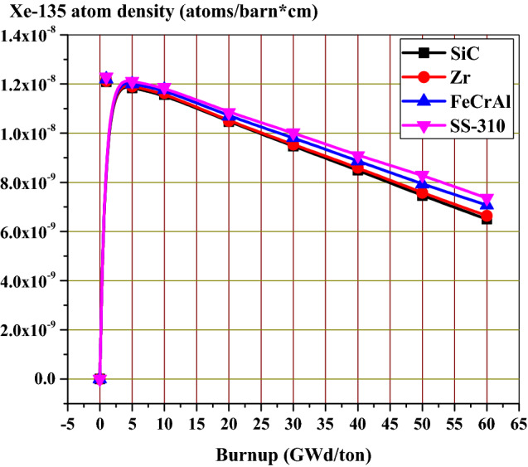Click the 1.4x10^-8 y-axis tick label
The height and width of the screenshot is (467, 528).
coord(35,35)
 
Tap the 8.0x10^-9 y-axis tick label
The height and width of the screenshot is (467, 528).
coord(35,182)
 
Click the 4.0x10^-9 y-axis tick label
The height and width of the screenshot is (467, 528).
coord(35,281)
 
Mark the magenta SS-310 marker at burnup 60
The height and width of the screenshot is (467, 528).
coord(487,200)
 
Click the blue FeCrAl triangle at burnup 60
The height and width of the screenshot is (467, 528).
coord(487,205)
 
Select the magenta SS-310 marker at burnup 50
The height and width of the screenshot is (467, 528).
coord(422,177)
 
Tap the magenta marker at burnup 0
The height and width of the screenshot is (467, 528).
coord(99,379)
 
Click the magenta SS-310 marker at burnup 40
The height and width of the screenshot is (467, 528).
coord(357,157)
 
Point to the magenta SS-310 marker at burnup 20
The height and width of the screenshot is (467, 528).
coord(229,114)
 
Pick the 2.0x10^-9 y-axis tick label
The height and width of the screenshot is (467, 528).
coord(35,330)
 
